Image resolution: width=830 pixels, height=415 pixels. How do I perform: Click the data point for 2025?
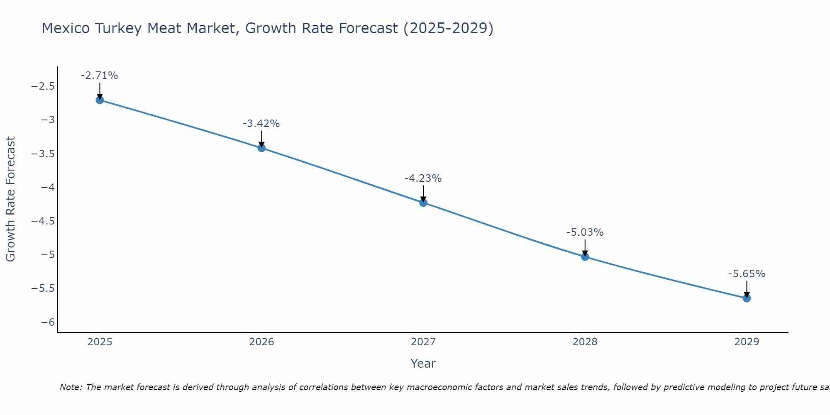100,100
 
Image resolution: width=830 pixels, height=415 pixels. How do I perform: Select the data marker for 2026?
261,148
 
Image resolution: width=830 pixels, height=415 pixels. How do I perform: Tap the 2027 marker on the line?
423,203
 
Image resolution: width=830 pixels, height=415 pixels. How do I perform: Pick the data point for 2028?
585,256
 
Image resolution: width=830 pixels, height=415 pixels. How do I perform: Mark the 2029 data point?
747,298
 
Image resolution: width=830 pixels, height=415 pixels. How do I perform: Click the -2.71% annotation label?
99,76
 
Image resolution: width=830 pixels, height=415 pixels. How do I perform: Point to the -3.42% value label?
261,124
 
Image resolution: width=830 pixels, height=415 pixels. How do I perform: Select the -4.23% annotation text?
423,178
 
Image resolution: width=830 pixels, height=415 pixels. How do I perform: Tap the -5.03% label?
585,232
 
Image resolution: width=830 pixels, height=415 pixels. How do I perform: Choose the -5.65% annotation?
747,274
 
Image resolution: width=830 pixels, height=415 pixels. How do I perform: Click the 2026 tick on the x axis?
261,342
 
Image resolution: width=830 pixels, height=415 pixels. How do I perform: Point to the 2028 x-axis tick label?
585,342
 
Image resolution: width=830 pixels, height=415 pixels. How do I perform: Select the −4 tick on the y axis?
48,187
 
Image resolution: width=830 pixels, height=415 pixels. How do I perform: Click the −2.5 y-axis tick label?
43,86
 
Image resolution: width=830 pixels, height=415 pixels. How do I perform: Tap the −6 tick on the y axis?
48,322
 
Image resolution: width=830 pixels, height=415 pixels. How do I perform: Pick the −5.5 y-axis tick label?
43,288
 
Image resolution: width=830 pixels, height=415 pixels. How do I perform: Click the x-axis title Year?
423,364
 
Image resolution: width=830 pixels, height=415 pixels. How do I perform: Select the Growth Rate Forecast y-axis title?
10,199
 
